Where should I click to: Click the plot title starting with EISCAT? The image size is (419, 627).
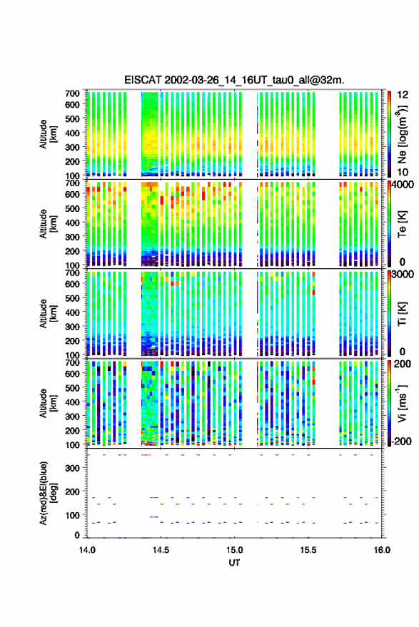click(234, 80)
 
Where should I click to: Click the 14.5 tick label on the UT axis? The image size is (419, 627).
click(161, 550)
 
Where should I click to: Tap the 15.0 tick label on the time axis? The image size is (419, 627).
click(234, 550)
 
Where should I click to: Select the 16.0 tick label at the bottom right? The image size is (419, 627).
click(382, 550)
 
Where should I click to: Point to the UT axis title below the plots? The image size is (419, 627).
click(234, 563)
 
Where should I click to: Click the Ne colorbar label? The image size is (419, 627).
click(403, 134)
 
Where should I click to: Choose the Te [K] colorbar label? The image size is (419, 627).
click(402, 224)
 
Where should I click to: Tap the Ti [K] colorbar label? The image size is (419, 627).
click(402, 314)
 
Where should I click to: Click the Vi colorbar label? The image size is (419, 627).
click(402, 403)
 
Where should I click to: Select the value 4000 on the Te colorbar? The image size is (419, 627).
click(403, 185)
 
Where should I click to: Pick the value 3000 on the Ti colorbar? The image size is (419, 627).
click(403, 275)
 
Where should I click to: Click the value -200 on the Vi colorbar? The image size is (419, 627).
click(402, 441)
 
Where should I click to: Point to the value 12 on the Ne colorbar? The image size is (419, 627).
click(403, 95)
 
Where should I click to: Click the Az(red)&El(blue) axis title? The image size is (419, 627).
click(49, 493)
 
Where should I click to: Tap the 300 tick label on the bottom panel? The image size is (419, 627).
click(72, 468)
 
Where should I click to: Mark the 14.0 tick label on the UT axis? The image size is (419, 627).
click(87, 550)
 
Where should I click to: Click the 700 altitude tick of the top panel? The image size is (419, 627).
click(72, 93)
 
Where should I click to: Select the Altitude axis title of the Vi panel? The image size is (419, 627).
click(49, 403)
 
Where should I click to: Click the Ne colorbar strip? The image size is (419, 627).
click(389, 134)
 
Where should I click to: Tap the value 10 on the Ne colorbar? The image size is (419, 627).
click(403, 173)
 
